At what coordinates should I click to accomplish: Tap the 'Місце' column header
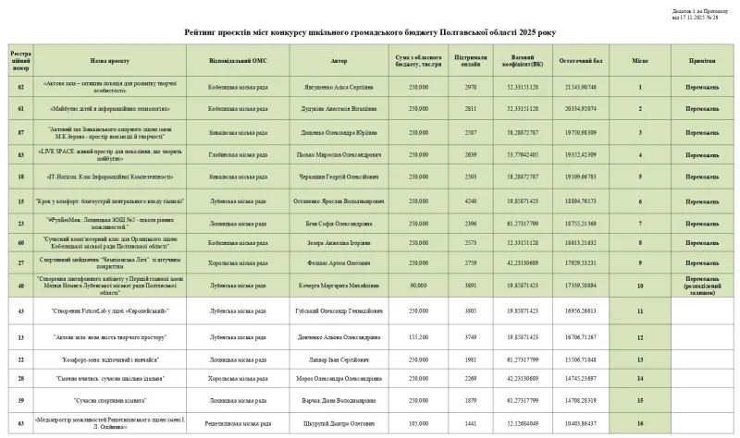[x=639, y=62]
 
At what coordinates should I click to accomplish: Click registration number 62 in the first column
[x=21, y=87]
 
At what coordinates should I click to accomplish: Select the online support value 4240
[x=471, y=199]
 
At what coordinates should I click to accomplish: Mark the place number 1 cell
[x=639, y=87]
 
